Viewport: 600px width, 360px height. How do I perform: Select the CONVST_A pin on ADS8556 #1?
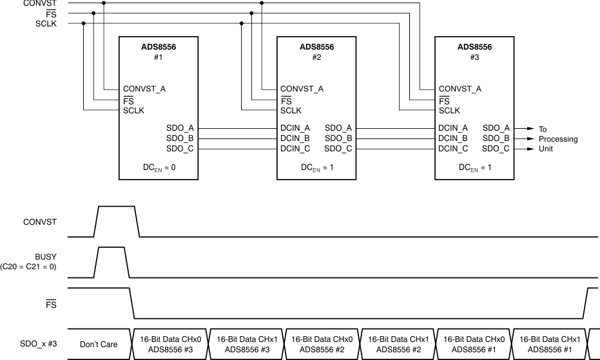point(144,89)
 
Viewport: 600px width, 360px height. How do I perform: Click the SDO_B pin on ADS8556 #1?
point(180,138)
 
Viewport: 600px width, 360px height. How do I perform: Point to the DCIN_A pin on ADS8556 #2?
point(295,128)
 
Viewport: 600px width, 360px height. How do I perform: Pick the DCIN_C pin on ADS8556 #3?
point(453,149)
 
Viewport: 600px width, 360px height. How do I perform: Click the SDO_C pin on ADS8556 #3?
point(496,149)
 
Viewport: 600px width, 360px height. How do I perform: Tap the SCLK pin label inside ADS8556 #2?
point(291,111)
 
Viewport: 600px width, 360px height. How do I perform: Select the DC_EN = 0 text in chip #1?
point(158,167)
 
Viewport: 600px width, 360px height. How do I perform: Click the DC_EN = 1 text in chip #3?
point(474,167)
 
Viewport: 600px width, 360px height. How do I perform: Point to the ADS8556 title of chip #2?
point(316,47)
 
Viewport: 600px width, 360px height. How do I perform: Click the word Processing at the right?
point(558,139)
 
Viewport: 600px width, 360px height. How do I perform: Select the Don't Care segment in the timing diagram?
point(99,345)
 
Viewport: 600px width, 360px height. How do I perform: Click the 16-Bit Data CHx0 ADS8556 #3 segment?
point(171,345)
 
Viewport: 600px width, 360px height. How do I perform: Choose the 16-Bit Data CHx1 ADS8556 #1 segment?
point(550,345)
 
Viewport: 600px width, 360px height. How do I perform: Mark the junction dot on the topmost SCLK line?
point(84,24)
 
